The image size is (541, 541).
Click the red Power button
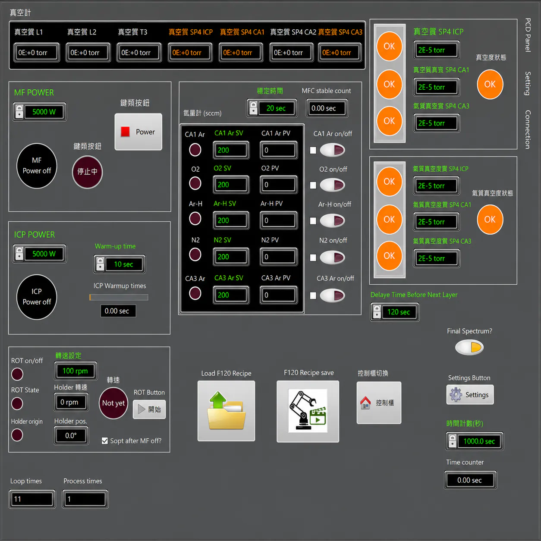[138, 132]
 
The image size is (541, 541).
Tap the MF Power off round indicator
[37, 166]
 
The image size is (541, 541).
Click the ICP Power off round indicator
[37, 297]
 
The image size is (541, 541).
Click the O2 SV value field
[231, 185]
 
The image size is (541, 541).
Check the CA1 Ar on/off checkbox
[313, 150]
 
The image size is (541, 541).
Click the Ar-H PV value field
[278, 220]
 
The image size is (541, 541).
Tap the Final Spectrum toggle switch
[469, 347]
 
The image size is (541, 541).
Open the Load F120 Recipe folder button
[226, 411]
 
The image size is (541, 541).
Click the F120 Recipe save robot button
[308, 411]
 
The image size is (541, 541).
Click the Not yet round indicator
[113, 403]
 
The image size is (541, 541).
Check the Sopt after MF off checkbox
[105, 441]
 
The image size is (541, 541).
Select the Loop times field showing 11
[32, 499]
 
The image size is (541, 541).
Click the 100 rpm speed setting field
[75, 371]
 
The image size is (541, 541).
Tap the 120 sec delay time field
[395, 312]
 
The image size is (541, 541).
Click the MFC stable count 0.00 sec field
[327, 108]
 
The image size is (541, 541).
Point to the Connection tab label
[528, 129]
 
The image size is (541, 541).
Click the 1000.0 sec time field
[475, 441]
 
